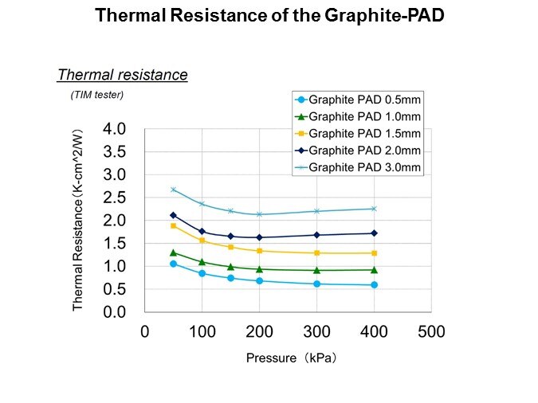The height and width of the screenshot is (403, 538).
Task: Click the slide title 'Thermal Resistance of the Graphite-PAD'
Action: click(x=269, y=15)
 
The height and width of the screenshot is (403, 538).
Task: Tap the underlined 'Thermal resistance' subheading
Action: click(x=122, y=75)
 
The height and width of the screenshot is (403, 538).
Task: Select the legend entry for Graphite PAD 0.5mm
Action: click(x=358, y=100)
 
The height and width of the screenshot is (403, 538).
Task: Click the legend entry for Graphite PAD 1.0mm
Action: click(x=358, y=116)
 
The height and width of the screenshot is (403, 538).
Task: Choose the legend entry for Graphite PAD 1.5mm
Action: click(x=358, y=133)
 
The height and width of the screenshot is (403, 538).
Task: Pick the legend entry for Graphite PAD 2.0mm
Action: click(x=358, y=150)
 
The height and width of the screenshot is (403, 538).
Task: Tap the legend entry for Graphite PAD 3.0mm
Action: click(x=358, y=167)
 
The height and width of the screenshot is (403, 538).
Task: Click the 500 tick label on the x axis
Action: click(x=431, y=331)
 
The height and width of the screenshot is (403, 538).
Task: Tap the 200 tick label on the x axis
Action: click(x=259, y=331)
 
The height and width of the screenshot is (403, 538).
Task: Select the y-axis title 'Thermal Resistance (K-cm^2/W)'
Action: click(x=78, y=221)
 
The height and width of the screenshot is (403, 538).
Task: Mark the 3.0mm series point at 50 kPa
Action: click(x=173, y=190)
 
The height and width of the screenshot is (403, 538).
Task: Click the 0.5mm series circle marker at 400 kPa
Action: click(x=374, y=285)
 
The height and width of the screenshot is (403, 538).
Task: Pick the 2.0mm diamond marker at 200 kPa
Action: click(x=259, y=237)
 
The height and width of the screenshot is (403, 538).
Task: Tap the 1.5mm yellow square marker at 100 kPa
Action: click(x=202, y=241)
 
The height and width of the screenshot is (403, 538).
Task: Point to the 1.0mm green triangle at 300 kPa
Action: click(x=316, y=270)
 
